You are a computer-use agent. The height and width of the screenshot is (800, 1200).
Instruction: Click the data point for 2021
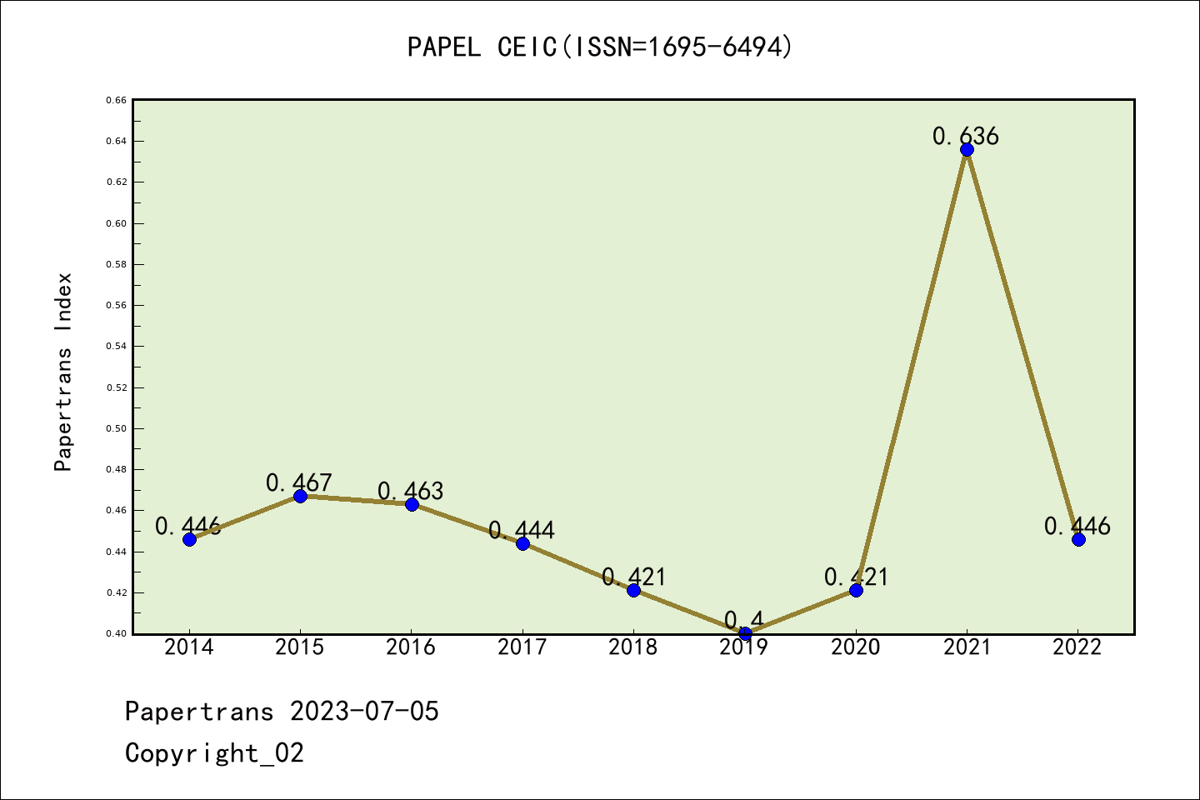(x=967, y=150)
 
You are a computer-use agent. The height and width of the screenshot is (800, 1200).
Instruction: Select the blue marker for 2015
(x=300, y=496)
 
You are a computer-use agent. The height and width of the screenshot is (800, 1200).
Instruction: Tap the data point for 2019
(x=745, y=633)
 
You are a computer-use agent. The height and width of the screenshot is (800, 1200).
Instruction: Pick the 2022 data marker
(x=1078, y=539)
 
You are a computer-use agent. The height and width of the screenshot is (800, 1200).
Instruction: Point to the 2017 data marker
(x=522, y=543)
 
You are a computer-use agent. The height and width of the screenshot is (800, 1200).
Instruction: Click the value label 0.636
(x=965, y=136)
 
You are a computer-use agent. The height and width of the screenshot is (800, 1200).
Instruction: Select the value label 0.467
(x=299, y=482)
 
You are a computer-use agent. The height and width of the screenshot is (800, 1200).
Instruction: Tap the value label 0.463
(x=410, y=491)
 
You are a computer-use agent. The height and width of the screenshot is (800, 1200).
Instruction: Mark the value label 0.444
(x=522, y=530)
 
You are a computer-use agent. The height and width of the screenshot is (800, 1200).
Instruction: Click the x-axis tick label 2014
(x=189, y=647)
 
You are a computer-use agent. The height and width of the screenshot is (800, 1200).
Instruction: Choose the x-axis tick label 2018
(x=633, y=647)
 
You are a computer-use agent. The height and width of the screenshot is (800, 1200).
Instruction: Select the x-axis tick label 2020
(x=856, y=647)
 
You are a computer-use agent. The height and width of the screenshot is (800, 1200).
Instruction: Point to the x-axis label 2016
(x=411, y=647)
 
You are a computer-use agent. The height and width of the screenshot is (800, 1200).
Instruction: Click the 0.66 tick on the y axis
(x=116, y=100)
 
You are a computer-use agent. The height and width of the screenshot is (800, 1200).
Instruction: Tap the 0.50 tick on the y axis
(x=116, y=428)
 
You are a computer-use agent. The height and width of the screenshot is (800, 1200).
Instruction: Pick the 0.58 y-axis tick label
(x=116, y=264)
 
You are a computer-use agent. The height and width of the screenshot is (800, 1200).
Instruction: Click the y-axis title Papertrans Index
(x=63, y=372)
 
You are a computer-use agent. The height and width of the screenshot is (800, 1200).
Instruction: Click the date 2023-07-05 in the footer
(x=364, y=712)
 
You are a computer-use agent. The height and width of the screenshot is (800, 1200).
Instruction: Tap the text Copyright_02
(x=214, y=753)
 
